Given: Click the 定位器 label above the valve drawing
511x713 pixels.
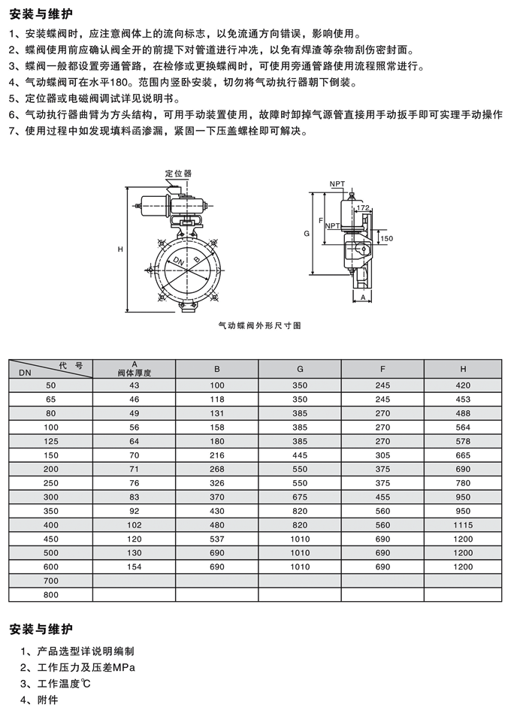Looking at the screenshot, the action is pos(178,174).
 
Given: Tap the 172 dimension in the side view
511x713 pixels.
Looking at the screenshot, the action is pos(362,207).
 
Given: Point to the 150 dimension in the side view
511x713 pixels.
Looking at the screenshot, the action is pos(386,238).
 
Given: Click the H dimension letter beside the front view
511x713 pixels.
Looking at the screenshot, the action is pos(120,249).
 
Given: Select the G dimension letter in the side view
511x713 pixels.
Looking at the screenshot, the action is pos(307,234).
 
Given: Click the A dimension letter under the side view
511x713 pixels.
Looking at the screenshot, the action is pos(363,297).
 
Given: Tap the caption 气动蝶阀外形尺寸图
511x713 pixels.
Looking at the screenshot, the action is pos(259,325).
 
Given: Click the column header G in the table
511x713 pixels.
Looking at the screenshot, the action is pos(300,369).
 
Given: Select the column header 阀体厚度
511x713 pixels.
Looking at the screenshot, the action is pos(134,373).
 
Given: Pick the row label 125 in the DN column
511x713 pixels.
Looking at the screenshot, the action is pos(51,441).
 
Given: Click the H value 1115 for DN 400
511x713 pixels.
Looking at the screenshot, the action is pos(463,524).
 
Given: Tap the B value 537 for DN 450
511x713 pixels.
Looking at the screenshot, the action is pos(217,539).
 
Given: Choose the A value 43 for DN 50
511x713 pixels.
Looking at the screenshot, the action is pos(134,385).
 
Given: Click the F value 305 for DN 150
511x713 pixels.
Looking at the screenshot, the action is pos(382,455).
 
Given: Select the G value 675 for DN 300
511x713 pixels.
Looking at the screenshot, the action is pos(300,497).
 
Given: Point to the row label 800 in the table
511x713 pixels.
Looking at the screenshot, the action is pos(51,595).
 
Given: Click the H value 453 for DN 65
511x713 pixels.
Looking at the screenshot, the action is pos(463,399).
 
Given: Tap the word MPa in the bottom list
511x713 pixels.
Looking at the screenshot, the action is pos(125,667).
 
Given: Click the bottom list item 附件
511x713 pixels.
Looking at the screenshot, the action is pos(48,699).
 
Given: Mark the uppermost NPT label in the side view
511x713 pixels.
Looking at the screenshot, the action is pos(337,184).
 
